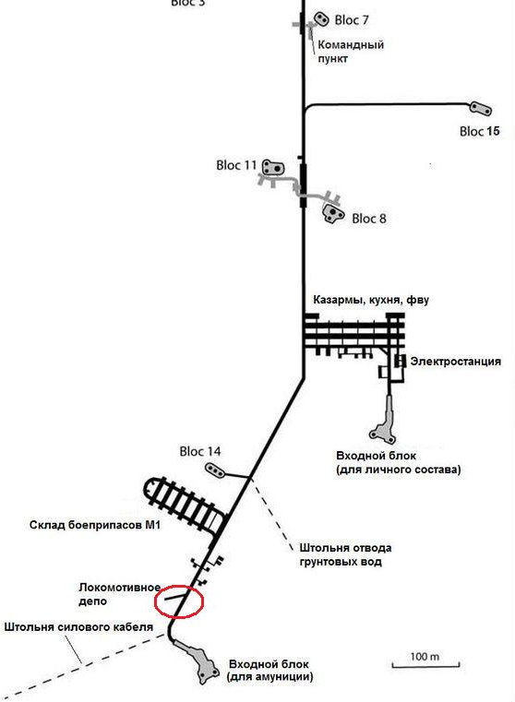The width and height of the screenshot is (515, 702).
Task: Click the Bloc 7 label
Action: click(x=352, y=20)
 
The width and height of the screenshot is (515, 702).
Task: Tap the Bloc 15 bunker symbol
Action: click(x=481, y=108)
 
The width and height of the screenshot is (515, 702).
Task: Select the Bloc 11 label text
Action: click(x=236, y=165)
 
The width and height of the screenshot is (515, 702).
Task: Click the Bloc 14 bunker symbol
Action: click(x=215, y=470)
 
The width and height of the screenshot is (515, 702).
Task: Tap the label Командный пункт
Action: click(x=351, y=52)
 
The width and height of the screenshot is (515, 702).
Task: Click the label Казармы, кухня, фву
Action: click(x=371, y=300)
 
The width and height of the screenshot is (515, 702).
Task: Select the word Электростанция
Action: click(x=455, y=362)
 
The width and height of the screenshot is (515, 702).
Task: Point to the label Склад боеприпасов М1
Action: click(x=95, y=525)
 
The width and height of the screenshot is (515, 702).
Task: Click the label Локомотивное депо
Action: click(x=120, y=594)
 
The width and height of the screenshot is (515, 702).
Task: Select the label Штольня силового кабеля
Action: click(x=78, y=627)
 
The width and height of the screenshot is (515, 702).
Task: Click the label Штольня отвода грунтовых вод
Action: click(x=345, y=554)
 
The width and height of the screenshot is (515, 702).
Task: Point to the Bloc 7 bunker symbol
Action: click(x=321, y=18)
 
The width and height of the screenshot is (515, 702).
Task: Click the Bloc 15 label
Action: click(x=479, y=131)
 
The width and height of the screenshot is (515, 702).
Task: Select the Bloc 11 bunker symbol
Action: click(x=273, y=168)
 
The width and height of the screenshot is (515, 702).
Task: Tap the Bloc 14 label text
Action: click(x=200, y=451)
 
